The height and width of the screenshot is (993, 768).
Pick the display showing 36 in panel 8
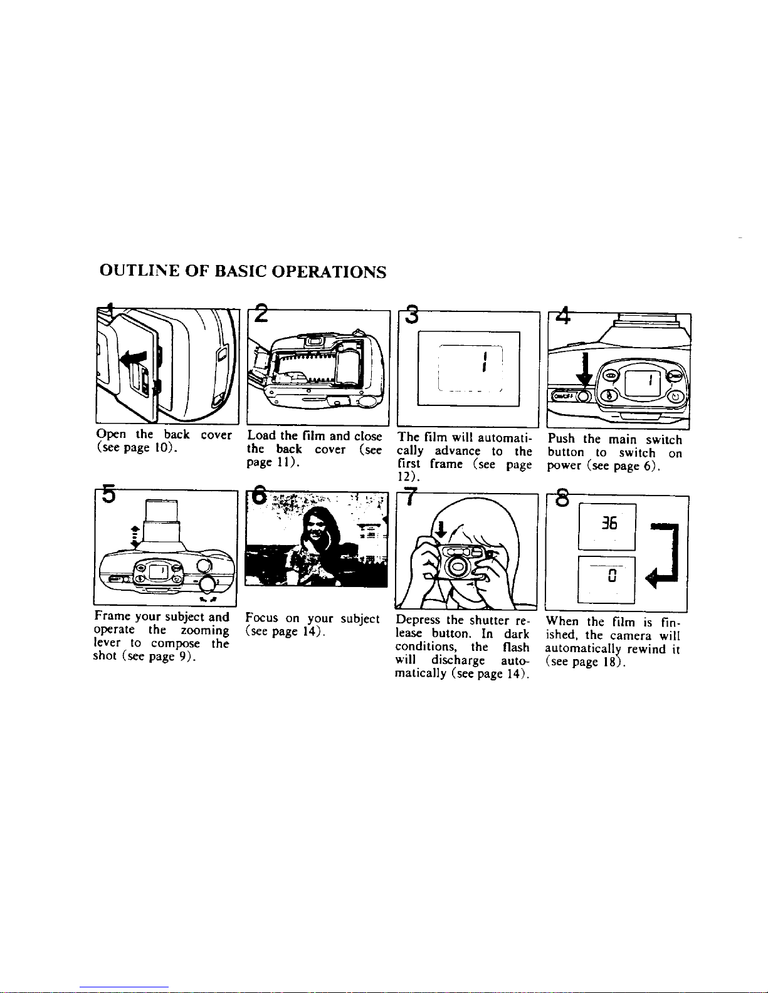[606, 524]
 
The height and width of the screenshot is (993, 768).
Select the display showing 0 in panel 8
[606, 578]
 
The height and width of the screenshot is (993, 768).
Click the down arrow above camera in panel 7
[441, 529]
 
